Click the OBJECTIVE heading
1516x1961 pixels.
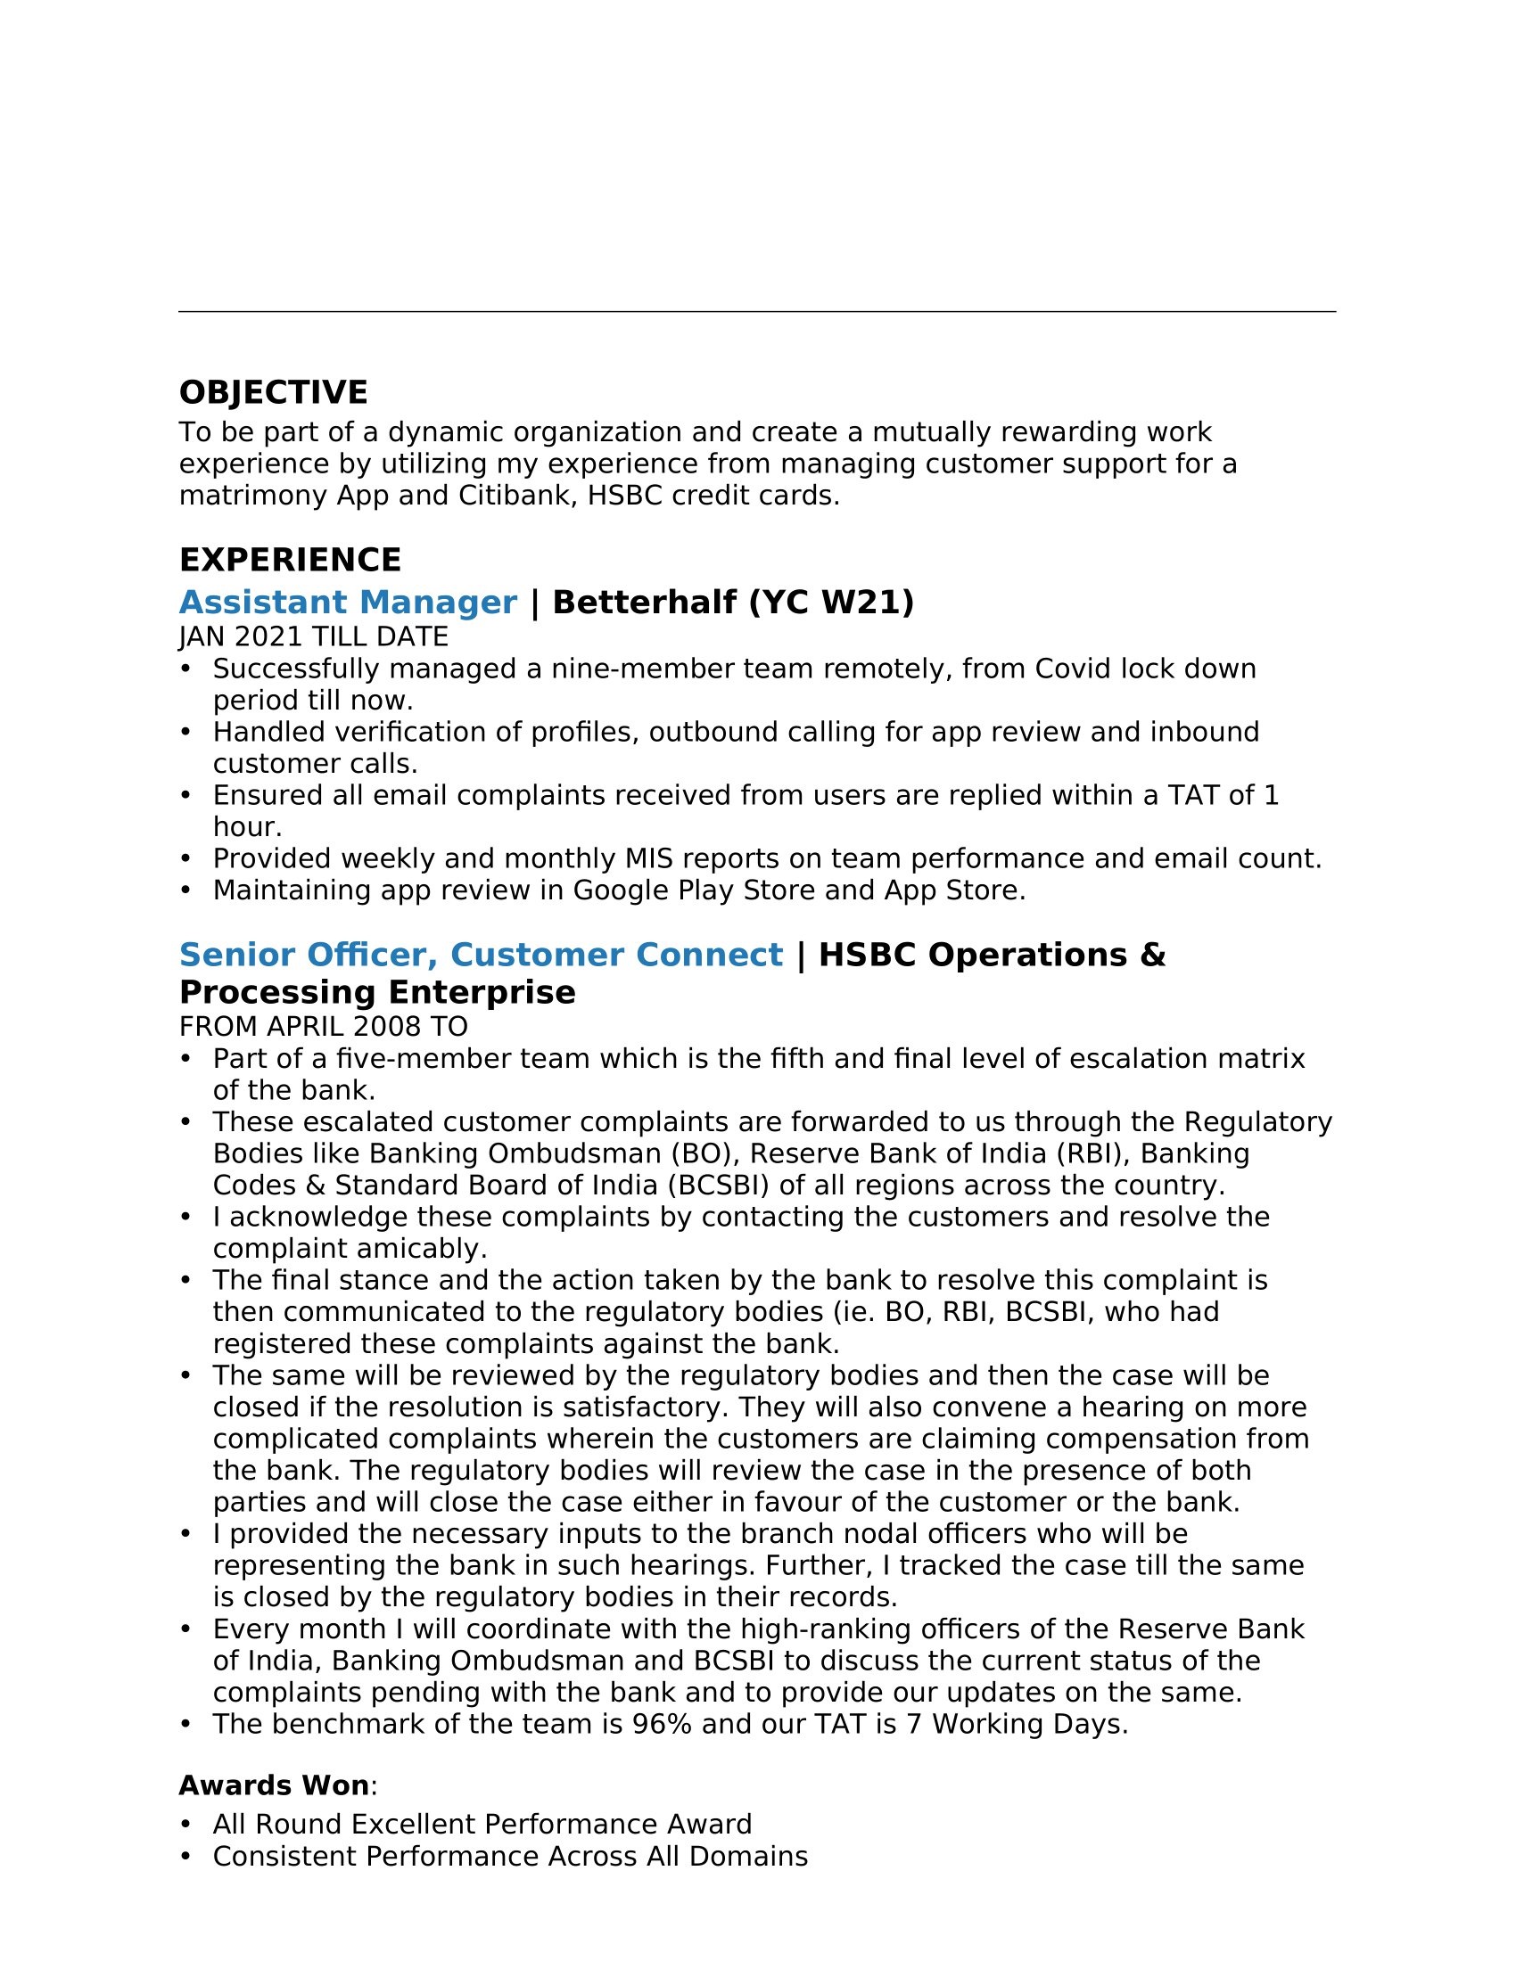[x=273, y=393]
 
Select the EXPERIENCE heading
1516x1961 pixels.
[x=290, y=561]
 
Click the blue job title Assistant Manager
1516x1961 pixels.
[x=348, y=603]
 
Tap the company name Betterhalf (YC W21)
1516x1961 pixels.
[x=733, y=603]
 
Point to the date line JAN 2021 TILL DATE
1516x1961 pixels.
[x=313, y=636]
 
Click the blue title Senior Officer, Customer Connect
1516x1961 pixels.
[x=481, y=956]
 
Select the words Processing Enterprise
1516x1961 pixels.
[x=377, y=993]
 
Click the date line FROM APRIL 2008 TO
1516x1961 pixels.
[x=324, y=1026]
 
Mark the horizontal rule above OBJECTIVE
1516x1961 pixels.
[x=757, y=312]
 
